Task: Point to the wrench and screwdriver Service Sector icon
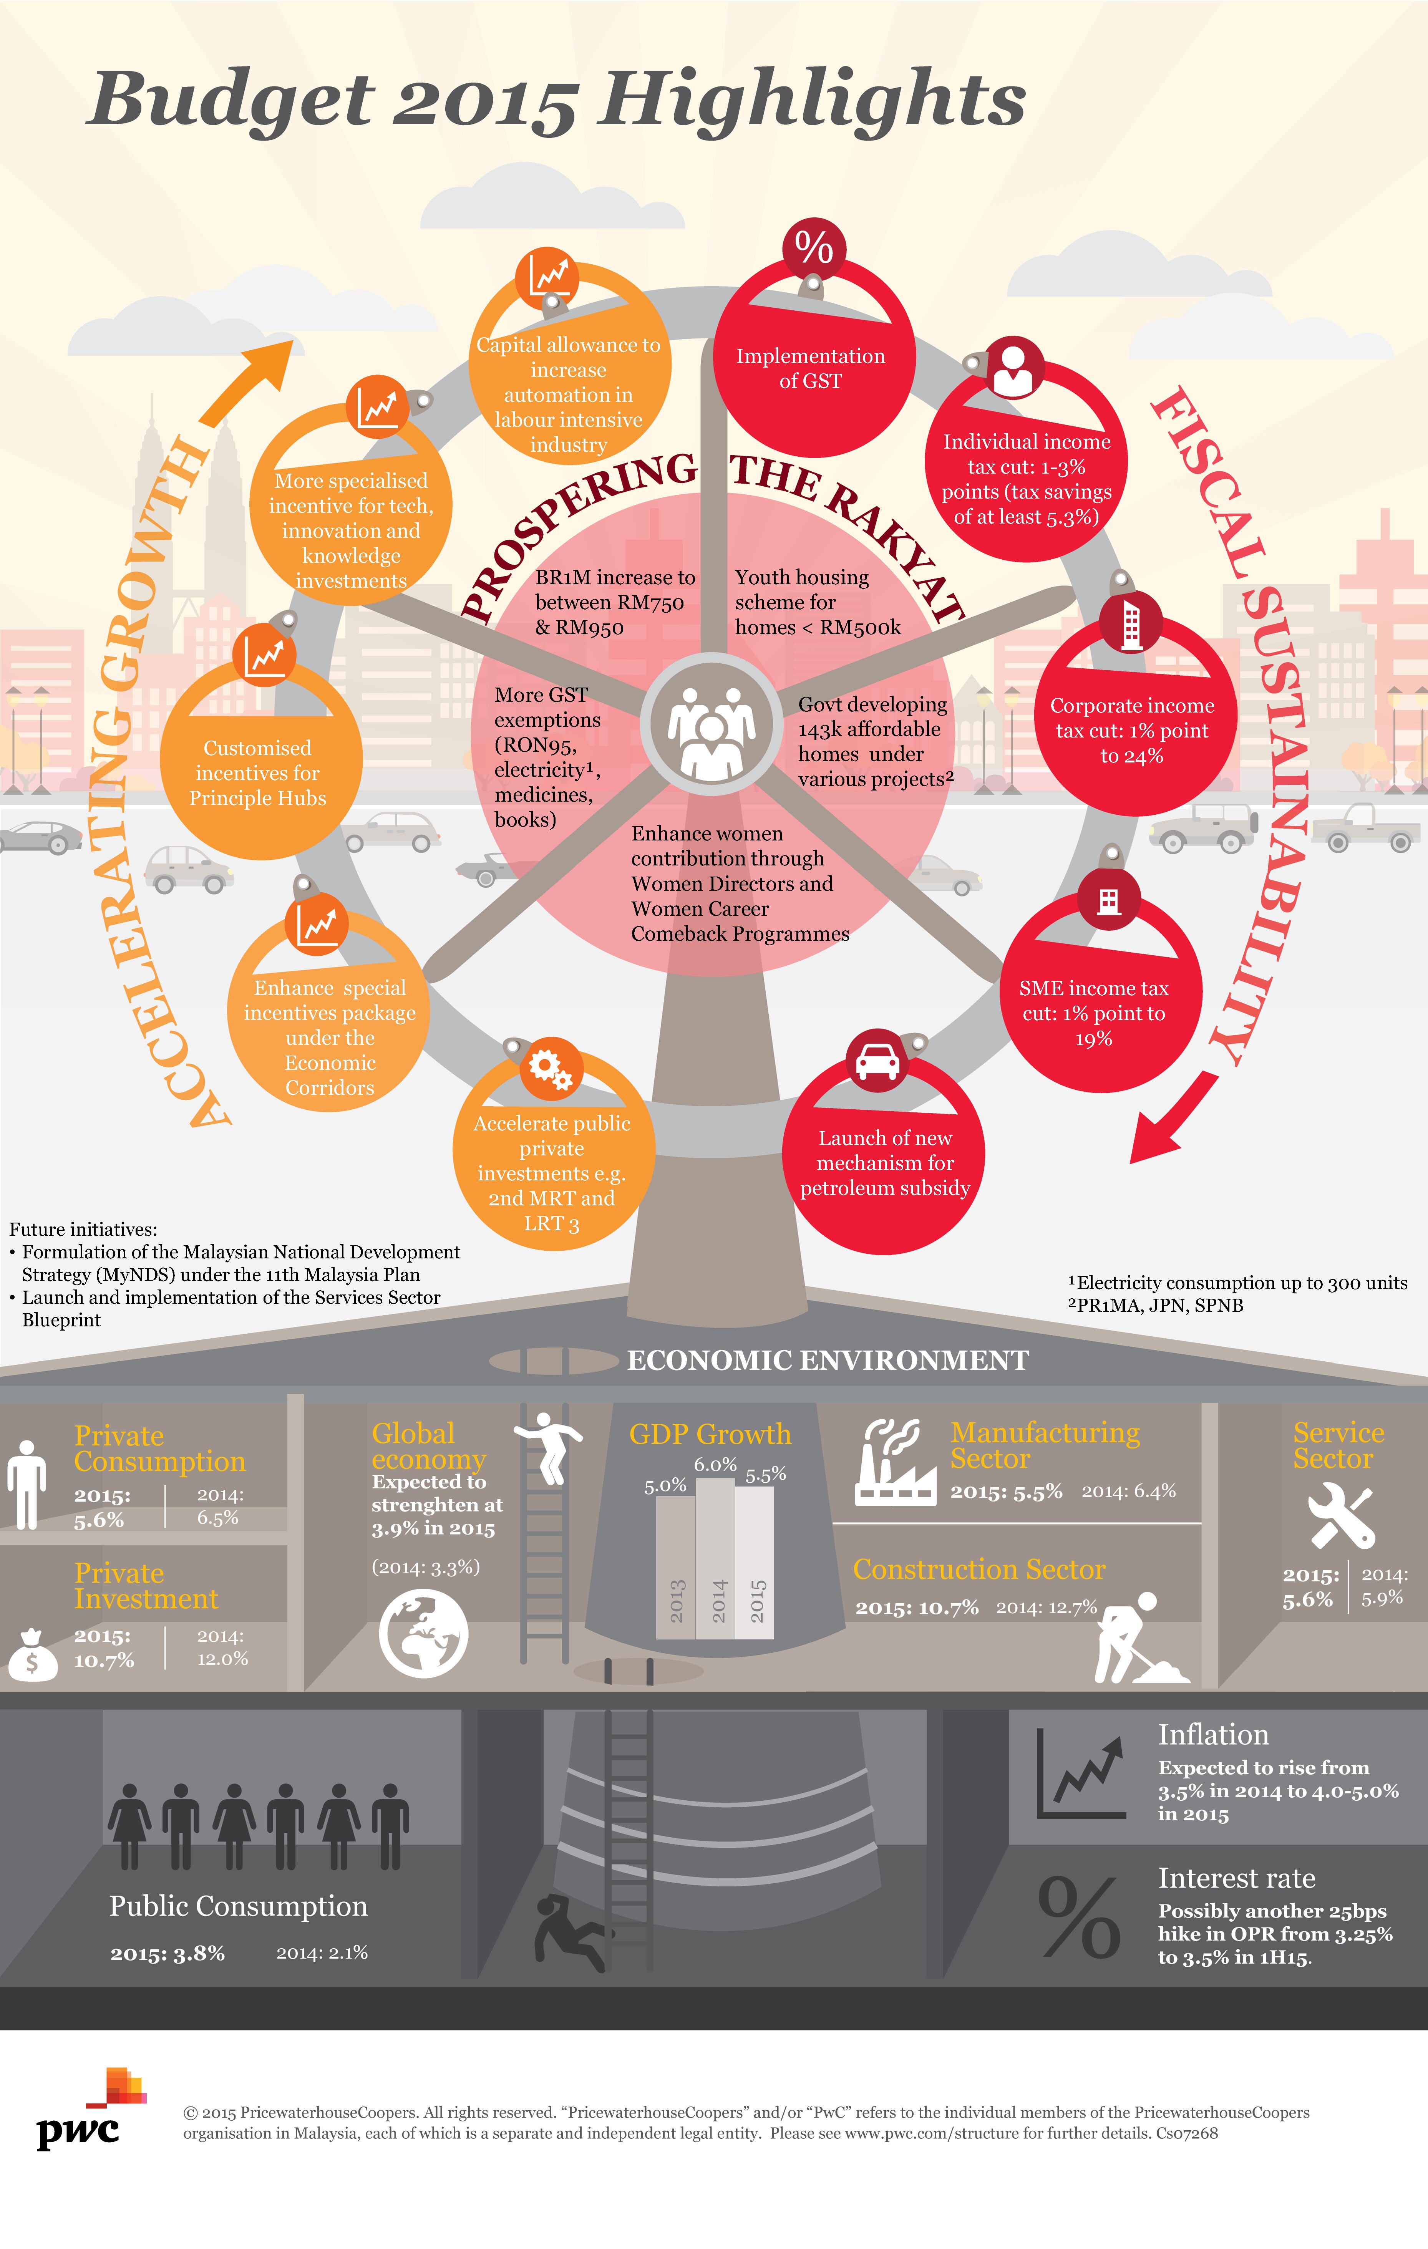[1340, 1517]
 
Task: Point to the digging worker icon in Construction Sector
[1135, 1639]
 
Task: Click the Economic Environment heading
[828, 1361]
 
